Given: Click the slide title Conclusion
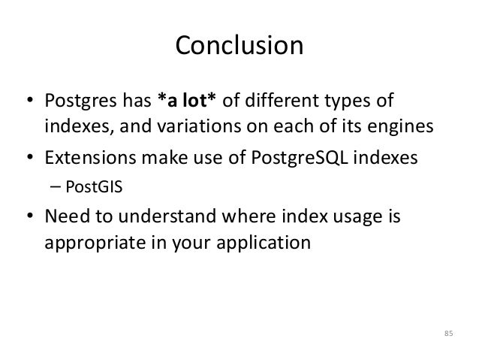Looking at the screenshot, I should (239, 46).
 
